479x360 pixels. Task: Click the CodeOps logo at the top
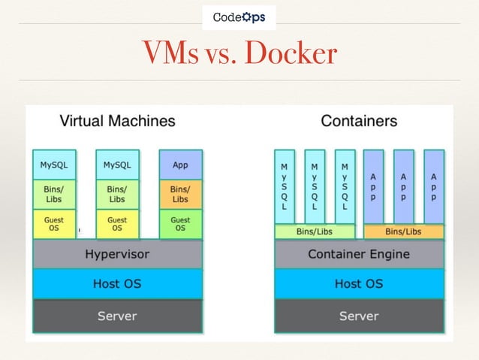coord(239,17)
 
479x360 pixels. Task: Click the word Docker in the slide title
coord(288,53)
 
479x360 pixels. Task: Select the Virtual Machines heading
coord(117,120)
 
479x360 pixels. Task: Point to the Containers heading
coord(359,120)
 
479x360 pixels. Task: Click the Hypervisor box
coord(117,254)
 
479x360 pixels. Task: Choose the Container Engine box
coord(359,254)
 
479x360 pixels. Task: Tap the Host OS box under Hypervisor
coord(117,284)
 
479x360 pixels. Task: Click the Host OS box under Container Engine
coord(359,284)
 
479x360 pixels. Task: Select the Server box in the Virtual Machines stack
coord(117,316)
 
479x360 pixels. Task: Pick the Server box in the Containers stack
coord(359,316)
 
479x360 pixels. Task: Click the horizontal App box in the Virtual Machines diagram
coord(180,165)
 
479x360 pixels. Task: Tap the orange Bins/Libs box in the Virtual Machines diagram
coord(180,194)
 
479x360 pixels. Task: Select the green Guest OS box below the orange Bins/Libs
coord(180,224)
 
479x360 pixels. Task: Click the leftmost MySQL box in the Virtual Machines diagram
coord(54,165)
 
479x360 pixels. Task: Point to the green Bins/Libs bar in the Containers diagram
coord(315,231)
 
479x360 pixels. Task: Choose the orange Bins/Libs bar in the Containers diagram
coord(403,231)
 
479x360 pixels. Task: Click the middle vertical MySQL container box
coord(315,186)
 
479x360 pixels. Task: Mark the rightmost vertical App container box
coord(433,186)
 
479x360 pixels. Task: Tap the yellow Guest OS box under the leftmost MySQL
coord(54,224)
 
